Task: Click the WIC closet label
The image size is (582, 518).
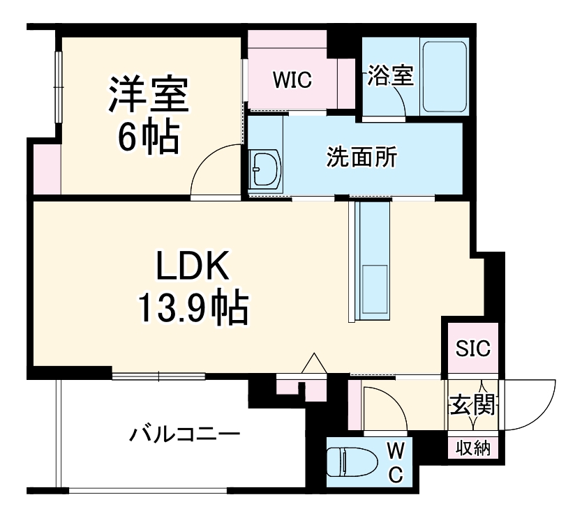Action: click(292, 79)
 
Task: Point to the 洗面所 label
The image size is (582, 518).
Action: click(362, 158)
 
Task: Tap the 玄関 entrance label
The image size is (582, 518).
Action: click(472, 404)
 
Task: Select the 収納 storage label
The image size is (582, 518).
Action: click(473, 448)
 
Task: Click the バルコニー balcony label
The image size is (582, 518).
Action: click(184, 436)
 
